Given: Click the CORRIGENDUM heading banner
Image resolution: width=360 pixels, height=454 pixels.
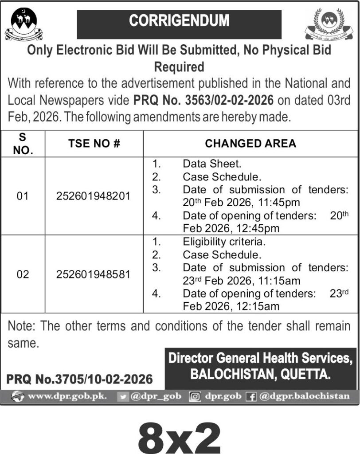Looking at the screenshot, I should tap(179, 21).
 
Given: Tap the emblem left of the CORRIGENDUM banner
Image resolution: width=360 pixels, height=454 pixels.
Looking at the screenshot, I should tap(22, 25).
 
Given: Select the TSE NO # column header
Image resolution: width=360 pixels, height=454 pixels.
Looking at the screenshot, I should tap(94, 144).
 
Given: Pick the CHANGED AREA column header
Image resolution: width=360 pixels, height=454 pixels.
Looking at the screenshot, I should tap(250, 144).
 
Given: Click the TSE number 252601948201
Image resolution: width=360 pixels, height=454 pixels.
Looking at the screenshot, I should tap(94, 196).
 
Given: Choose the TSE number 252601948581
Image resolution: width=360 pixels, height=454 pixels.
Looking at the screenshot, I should tap(94, 274).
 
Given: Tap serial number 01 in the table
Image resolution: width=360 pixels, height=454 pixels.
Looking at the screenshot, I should tap(23, 196).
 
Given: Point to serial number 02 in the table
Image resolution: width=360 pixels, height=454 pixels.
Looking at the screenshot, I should tap(23, 274).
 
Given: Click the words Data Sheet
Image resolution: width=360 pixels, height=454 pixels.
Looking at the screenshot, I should tap(206, 164).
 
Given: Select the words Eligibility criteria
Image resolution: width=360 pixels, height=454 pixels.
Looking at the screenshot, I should tap(224, 243).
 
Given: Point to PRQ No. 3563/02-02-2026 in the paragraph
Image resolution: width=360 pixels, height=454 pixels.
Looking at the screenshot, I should tap(203, 100).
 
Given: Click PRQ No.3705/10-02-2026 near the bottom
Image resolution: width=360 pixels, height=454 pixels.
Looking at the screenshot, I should tap(80, 380).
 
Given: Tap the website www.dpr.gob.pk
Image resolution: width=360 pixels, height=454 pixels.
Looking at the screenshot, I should tap(67, 396).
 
